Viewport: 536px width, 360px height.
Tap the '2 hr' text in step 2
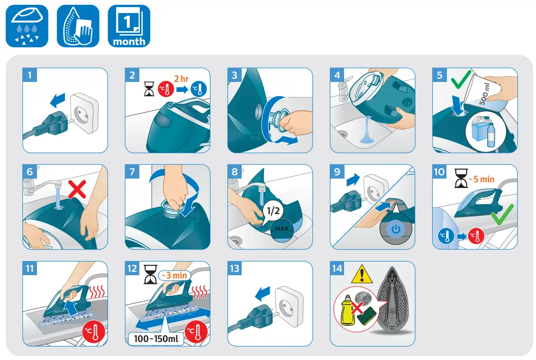point(182,78)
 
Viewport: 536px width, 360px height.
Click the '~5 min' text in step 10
point(481,179)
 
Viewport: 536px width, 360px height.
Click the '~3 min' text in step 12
point(173,275)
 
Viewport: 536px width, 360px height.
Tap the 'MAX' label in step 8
point(282,229)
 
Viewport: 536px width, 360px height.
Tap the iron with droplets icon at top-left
point(27,26)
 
